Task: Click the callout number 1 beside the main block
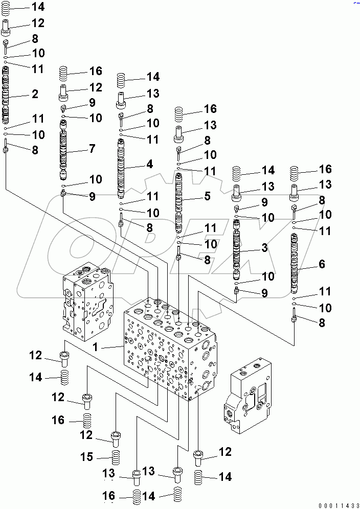tap(95, 347)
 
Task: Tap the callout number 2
tap(35, 94)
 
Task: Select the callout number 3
tap(264, 248)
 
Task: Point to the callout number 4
tap(149, 165)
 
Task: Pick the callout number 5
tap(207, 195)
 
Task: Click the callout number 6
tap(321, 264)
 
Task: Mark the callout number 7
tap(92, 149)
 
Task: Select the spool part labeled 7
tap(63, 153)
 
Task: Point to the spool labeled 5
tap(179, 202)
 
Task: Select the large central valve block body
tap(169, 353)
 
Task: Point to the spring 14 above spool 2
tap(7, 8)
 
